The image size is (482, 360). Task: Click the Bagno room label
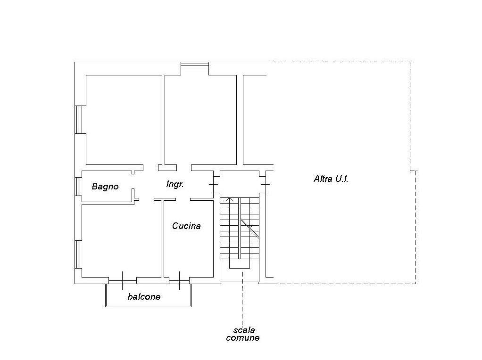[x=105, y=187]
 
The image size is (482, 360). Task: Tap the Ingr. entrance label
[x=175, y=184]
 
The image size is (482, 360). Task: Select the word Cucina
[x=186, y=226]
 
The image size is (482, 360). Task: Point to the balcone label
[x=144, y=297]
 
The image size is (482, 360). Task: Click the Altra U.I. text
[x=331, y=179]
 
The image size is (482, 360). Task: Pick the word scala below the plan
[x=244, y=330]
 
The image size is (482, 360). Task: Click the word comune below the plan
[x=242, y=338]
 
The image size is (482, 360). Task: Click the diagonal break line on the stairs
[x=250, y=228]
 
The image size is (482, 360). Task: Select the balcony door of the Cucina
[x=180, y=281]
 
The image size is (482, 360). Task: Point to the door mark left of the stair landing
[x=213, y=184]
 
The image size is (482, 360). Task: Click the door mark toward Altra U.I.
[x=266, y=184]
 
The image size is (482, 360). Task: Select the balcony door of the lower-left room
[x=122, y=281]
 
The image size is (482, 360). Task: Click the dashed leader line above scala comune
[x=242, y=297]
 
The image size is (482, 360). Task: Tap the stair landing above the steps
[x=240, y=182]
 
